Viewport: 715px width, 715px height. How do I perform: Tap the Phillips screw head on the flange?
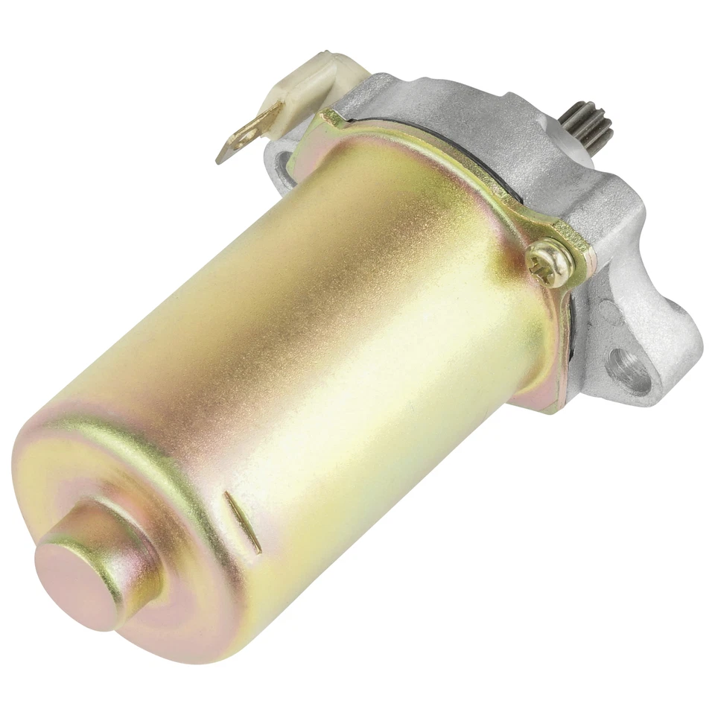pos(550,263)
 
